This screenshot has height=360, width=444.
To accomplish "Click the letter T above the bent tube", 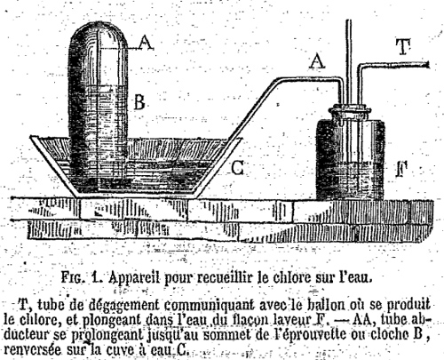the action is coord(404,47).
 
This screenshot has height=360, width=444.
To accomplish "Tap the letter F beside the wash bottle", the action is coord(402,170).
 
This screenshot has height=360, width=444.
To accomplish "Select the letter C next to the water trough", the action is coord(237,168).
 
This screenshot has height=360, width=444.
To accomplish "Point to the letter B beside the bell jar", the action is coord(139,102).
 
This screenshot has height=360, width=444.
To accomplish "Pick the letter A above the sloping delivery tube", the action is coord(317,61).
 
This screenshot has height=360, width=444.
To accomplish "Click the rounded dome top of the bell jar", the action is coord(99,33).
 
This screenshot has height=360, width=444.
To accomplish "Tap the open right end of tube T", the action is coord(427,65).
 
